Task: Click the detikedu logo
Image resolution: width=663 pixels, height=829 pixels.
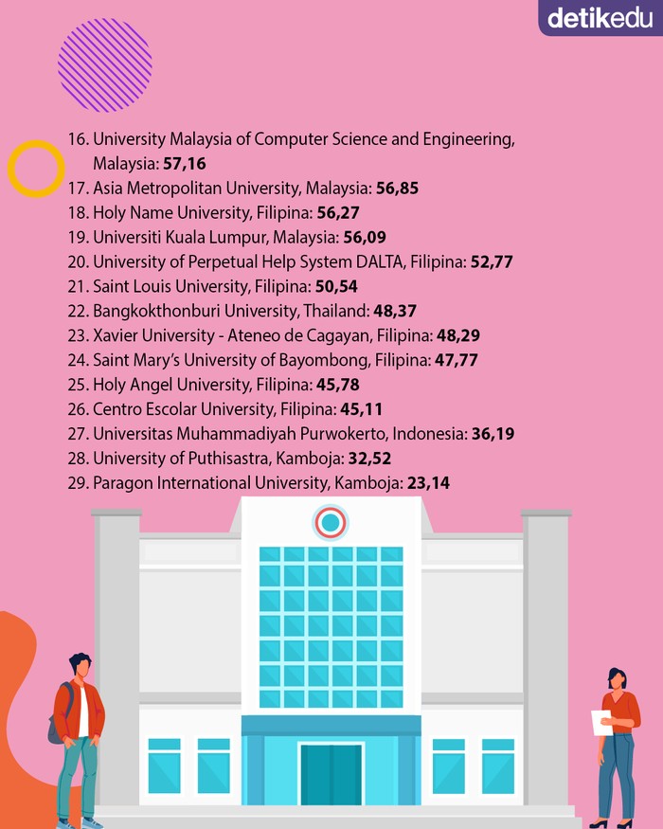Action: pyautogui.click(x=600, y=17)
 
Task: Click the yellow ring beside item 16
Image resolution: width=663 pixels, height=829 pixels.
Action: pyautogui.click(x=36, y=169)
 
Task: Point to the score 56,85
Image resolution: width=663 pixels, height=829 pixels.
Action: pyautogui.click(x=397, y=189)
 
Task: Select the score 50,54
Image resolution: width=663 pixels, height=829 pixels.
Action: pyautogui.click(x=336, y=286)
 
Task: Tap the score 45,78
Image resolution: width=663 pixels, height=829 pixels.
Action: pyautogui.click(x=338, y=385)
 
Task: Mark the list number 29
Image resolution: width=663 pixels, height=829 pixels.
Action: pyautogui.click(x=77, y=483)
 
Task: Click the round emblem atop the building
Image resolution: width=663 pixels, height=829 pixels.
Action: pyautogui.click(x=331, y=522)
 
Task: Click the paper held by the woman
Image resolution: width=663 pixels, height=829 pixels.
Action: pyautogui.click(x=600, y=722)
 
